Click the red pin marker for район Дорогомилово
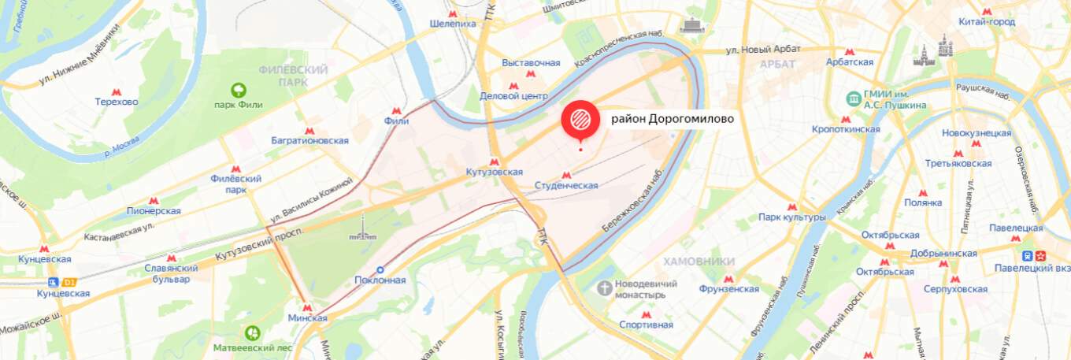click(x=580, y=119)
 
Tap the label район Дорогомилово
click(x=673, y=119)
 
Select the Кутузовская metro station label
click(x=494, y=172)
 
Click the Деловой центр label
click(x=513, y=96)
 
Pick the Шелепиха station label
click(x=453, y=24)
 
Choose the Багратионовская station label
click(x=311, y=140)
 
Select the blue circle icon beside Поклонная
click(x=380, y=269)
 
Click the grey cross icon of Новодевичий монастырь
click(x=605, y=288)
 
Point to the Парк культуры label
click(x=791, y=217)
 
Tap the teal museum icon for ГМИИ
click(x=853, y=98)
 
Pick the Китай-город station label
click(x=986, y=21)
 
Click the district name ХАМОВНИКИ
click(x=699, y=262)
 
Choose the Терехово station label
click(x=117, y=102)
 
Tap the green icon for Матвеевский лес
click(x=252, y=333)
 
